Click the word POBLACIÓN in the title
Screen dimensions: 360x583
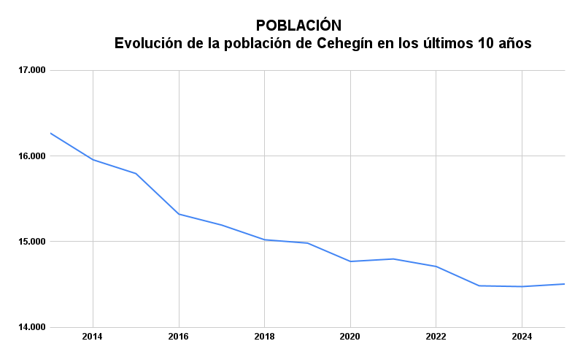pyautogui.click(x=298, y=26)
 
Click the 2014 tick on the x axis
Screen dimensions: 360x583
pyautogui.click(x=93, y=337)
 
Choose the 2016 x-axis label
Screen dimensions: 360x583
pyautogui.click(x=179, y=337)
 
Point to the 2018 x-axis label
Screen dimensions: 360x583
pyautogui.click(x=264, y=337)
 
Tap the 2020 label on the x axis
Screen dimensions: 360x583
pyautogui.click(x=350, y=337)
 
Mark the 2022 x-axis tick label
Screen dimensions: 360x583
pyautogui.click(x=436, y=337)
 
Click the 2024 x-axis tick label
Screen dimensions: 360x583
pyautogui.click(x=522, y=337)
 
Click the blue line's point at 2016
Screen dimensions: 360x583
pyautogui.click(x=179, y=214)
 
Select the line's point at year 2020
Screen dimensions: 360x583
pyautogui.click(x=350, y=261)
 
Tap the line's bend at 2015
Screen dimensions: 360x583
pyautogui.click(x=136, y=174)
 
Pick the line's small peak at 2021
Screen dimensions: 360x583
pyautogui.click(x=393, y=258)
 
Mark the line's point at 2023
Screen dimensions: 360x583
pyautogui.click(x=479, y=286)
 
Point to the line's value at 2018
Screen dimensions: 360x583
pyautogui.click(x=264, y=240)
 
